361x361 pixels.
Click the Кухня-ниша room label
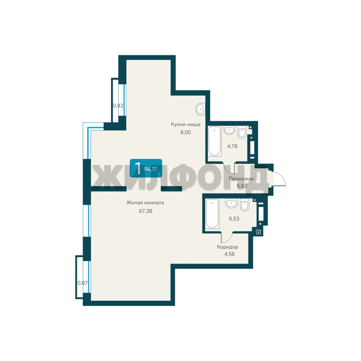point(186,124)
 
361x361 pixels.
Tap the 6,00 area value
point(186,132)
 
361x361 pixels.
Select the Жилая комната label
point(145,203)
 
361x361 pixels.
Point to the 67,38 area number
point(145,211)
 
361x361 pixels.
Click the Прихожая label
point(241,178)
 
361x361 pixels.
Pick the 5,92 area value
point(242,186)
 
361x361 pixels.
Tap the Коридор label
point(228,247)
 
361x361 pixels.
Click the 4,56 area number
point(230,254)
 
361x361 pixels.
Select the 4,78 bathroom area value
point(232,146)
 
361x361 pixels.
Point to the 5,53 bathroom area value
point(234,219)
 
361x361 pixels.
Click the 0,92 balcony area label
point(118,106)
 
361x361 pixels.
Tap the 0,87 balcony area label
point(83,283)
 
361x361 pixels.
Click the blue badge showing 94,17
point(146,168)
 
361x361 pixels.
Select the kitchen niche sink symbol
point(200,109)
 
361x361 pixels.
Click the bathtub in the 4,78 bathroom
point(215,141)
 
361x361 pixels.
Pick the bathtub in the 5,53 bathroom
point(212,214)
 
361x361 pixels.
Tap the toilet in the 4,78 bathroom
point(242,132)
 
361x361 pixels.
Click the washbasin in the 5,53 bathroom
point(231,203)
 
